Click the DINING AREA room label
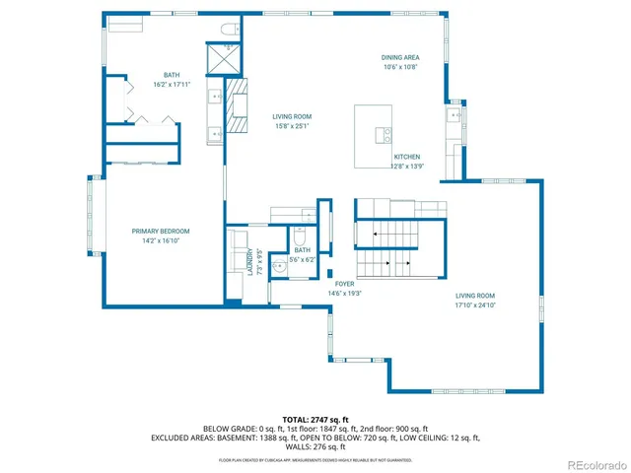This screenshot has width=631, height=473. (x=400, y=57)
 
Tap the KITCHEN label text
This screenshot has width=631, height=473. (x=407, y=157)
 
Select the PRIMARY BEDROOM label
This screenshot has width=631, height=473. (x=161, y=231)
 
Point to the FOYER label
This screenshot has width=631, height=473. (x=344, y=284)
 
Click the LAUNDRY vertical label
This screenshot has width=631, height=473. (x=249, y=260)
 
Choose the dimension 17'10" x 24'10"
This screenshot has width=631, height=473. (x=474, y=305)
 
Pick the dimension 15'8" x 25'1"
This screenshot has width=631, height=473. (x=292, y=126)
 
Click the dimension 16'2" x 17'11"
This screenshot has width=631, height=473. (x=172, y=85)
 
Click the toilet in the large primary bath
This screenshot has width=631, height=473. (x=228, y=28)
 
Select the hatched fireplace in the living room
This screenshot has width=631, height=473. (x=237, y=105)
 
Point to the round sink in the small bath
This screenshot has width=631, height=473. (x=279, y=264)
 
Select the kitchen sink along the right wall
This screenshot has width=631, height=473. (x=454, y=116)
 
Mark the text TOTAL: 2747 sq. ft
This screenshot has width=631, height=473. (x=315, y=419)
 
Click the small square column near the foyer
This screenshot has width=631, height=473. (x=331, y=272)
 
